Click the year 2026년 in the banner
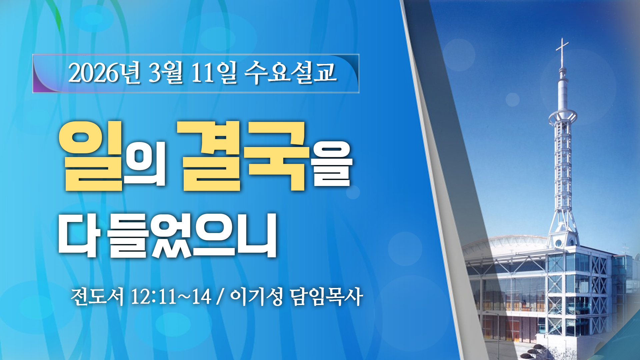[104, 72]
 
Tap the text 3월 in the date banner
[166, 72]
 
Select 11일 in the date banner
[214, 72]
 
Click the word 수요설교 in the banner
[290, 72]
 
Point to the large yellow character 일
[91, 156]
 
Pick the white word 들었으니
[192, 235]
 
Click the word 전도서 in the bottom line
[97, 296]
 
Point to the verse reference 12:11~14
[171, 296]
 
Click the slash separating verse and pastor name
[219, 296]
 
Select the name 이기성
[256, 296]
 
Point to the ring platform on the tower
[563, 117]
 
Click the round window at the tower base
[559, 243]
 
